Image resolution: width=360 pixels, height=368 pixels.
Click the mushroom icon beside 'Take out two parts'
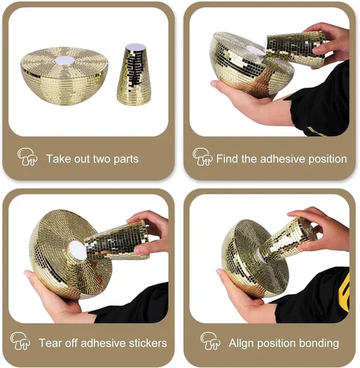[x=27, y=157]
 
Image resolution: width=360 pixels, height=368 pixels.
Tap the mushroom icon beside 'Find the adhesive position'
[x=202, y=157]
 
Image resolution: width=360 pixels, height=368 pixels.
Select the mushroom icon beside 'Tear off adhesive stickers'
[x=21, y=341]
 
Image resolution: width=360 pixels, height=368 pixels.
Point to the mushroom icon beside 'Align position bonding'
[x=211, y=341]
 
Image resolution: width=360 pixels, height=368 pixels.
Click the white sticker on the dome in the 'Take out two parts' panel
[x=65, y=60]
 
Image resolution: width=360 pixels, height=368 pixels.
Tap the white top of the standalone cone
[x=135, y=47]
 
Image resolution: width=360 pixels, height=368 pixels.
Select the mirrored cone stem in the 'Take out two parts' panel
[x=134, y=75]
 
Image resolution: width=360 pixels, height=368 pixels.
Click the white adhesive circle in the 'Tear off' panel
[x=77, y=250]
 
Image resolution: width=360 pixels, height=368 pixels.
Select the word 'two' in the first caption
[x=102, y=159]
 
